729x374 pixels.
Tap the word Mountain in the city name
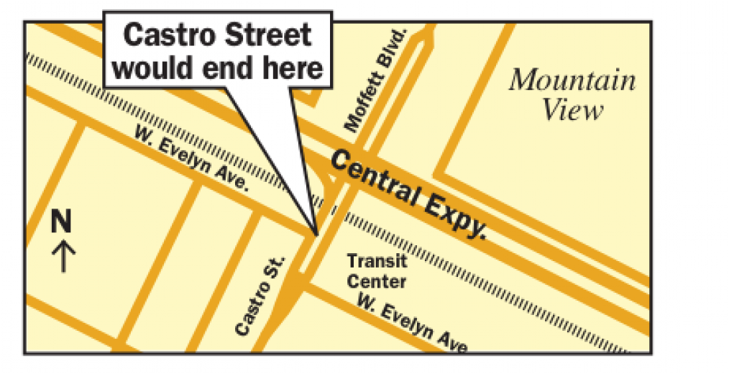[x=572, y=81]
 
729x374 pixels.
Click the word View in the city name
[x=572, y=111]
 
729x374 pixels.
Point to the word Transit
[x=377, y=261]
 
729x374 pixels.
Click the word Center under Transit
[x=377, y=281]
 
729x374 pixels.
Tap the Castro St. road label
[x=260, y=295]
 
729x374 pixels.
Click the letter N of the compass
[x=62, y=222]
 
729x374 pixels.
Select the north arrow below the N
[x=65, y=256]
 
